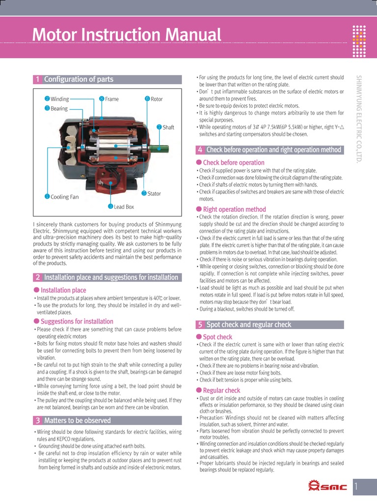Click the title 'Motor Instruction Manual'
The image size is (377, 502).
click(x=127, y=35)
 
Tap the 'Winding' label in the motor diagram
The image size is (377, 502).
click(x=59, y=99)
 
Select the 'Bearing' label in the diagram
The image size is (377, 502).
click(x=59, y=108)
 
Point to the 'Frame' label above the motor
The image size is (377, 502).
click(x=111, y=99)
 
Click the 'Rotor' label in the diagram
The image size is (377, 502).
click(x=156, y=99)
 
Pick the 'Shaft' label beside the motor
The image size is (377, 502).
click(x=168, y=127)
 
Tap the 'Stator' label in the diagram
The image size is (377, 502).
click(x=154, y=194)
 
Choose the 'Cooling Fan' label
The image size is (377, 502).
click(x=64, y=197)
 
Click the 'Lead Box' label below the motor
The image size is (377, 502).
click(x=124, y=207)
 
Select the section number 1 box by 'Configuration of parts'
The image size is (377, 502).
click(x=37, y=79)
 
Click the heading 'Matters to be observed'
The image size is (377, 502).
click(x=77, y=420)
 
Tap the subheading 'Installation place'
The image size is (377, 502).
click(x=63, y=290)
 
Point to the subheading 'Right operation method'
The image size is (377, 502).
click(x=234, y=209)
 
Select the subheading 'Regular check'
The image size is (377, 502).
click(x=221, y=390)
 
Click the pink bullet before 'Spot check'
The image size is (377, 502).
click(x=199, y=337)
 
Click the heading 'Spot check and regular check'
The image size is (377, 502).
click(x=248, y=325)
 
